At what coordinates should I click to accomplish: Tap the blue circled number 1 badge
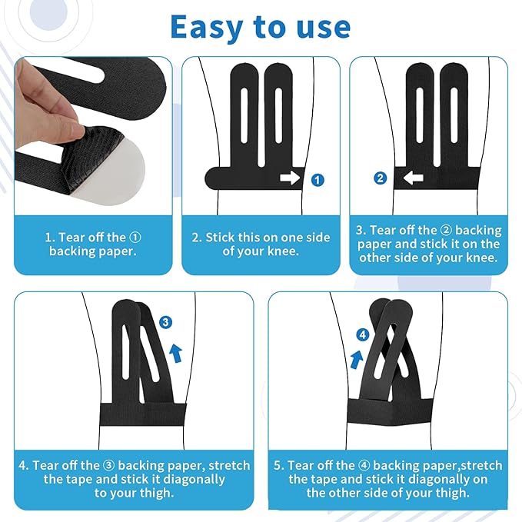(318, 180)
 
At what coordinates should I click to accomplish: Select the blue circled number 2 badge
(381, 178)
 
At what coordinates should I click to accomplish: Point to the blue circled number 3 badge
(165, 322)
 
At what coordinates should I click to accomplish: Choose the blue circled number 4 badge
(363, 334)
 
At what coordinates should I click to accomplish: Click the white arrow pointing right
(290, 178)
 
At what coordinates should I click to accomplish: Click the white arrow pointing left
(413, 178)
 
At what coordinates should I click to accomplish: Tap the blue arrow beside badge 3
(176, 354)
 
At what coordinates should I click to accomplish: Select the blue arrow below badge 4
(357, 360)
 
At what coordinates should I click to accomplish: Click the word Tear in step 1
(71, 238)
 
